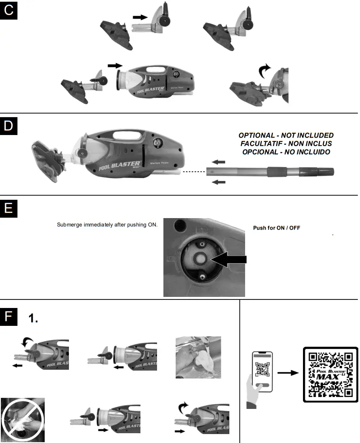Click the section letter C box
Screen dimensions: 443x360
(9, 9)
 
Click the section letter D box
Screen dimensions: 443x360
(9, 127)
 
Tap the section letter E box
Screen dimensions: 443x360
(9, 209)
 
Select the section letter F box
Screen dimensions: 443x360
(9, 317)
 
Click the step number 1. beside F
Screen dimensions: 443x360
(33, 318)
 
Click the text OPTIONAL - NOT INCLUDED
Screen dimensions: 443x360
(286, 135)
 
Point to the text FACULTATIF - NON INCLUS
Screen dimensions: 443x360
(286, 144)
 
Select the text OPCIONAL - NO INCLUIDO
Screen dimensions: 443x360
(286, 152)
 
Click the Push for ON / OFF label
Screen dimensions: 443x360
(277, 228)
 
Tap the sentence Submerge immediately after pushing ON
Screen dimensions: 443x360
(107, 224)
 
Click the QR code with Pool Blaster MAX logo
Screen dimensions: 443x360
(330, 374)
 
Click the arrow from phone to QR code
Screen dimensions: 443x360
(287, 373)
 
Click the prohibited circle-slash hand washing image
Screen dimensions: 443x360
(23, 420)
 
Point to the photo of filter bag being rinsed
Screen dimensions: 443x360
(198, 357)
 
